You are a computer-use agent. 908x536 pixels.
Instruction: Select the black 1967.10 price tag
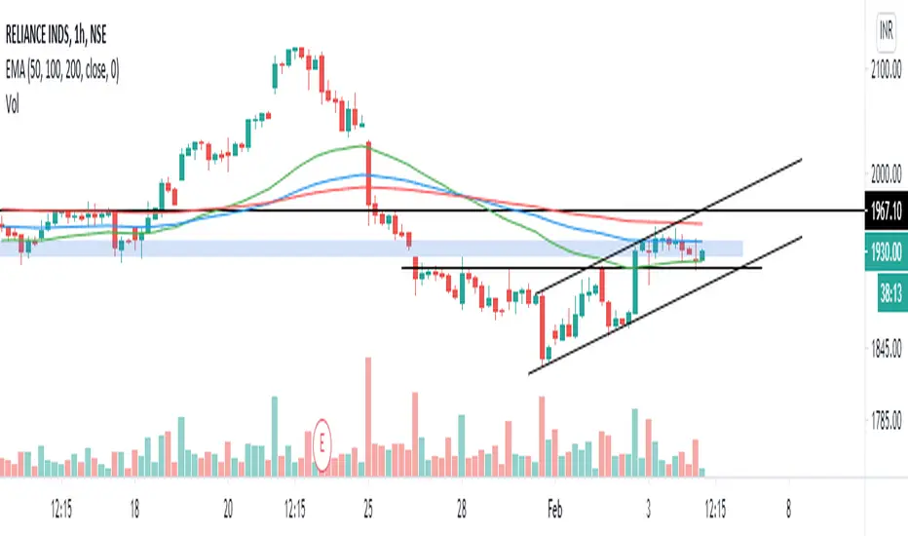tap(886, 210)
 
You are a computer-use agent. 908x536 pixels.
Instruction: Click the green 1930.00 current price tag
tap(886, 249)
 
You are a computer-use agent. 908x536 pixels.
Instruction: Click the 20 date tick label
tap(228, 509)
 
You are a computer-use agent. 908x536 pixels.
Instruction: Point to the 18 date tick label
tap(134, 509)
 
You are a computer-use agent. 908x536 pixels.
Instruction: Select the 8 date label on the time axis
tap(788, 509)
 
